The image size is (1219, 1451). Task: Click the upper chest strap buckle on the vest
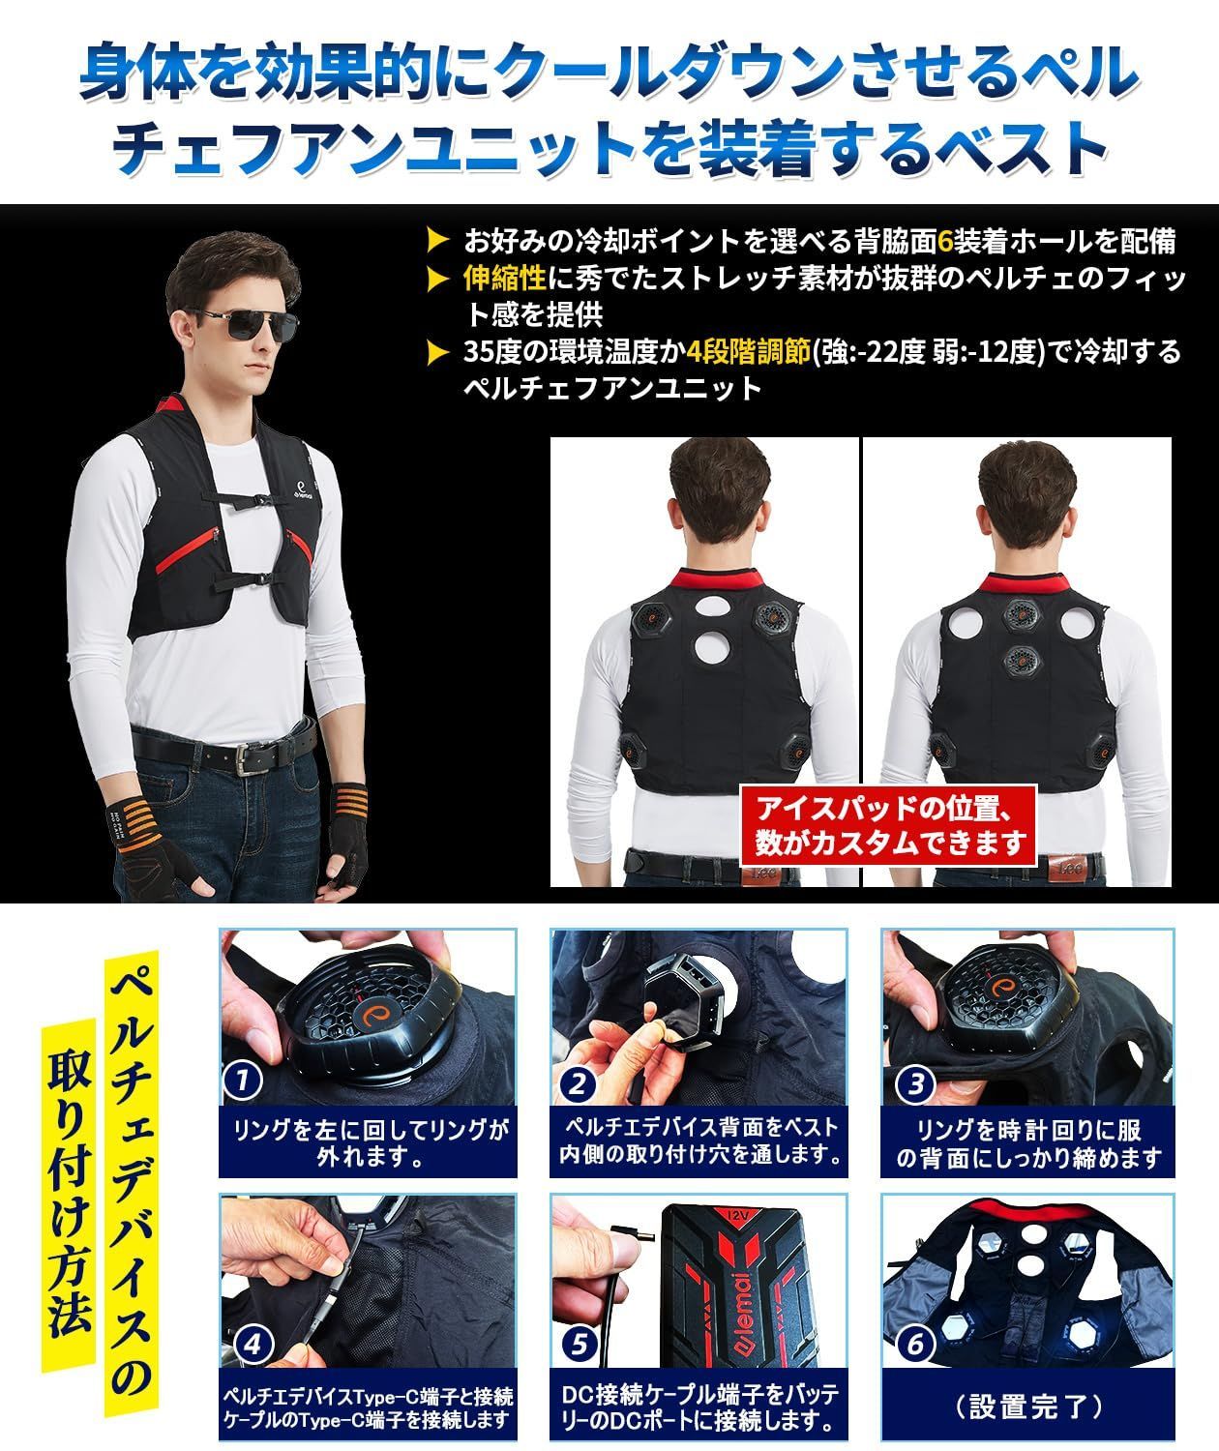coord(260,499)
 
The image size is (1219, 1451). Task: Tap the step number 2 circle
coord(577,1082)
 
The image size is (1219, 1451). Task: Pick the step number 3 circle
coord(916,1082)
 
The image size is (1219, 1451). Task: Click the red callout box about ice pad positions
coord(888,825)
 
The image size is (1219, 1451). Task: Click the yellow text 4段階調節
coord(749,351)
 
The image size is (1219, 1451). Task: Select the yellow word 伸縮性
coord(505,278)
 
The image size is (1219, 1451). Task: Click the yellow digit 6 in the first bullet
coord(944,241)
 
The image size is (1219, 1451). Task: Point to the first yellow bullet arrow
coord(438,241)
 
